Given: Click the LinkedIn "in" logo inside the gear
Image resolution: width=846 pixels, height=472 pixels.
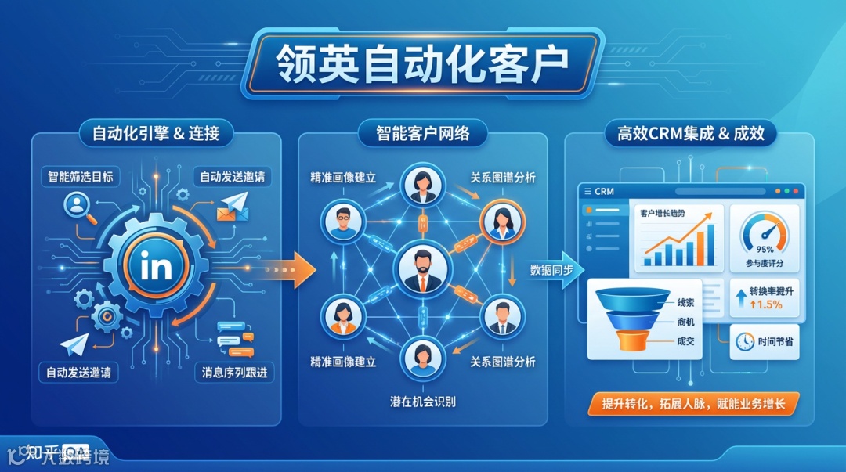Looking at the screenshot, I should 157,267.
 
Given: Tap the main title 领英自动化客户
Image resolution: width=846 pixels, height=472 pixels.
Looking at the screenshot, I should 422,66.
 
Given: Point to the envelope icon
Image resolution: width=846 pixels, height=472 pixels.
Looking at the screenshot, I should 233,207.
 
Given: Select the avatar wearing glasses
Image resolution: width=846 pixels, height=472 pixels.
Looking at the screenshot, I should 343,221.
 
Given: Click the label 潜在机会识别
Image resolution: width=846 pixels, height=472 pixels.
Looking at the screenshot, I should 422,402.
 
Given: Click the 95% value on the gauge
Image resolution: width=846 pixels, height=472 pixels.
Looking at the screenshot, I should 763,250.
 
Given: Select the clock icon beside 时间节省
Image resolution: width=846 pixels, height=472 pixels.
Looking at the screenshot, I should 746,341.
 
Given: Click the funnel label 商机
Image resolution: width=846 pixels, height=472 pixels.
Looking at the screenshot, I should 685,322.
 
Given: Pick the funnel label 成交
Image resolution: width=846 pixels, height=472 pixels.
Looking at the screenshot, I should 685,341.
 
